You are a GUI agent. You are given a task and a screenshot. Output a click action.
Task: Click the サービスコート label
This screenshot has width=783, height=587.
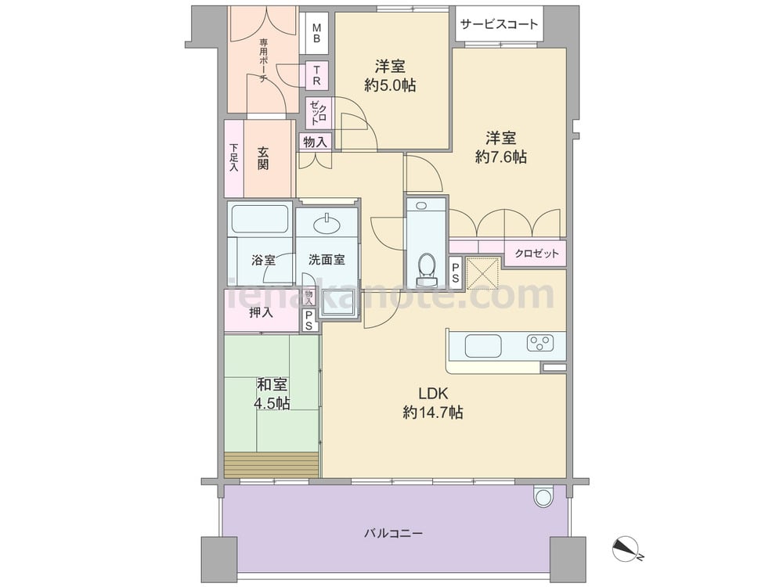pos(499,24)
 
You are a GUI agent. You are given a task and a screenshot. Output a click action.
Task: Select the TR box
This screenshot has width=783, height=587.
pos(316,76)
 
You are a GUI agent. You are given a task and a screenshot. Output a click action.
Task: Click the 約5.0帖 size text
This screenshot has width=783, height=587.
pos(390,85)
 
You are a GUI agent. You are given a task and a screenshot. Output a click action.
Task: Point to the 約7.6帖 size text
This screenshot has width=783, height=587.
pos(500,157)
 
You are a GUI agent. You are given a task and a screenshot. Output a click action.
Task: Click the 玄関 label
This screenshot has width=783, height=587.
pos(262,158)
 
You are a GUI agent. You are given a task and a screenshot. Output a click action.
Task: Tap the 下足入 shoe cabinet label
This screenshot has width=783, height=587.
pos(233,158)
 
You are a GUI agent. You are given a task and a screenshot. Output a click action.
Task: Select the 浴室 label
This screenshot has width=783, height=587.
pos(263,260)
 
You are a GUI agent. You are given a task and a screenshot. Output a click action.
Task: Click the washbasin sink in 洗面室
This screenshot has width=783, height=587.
pos(326,225)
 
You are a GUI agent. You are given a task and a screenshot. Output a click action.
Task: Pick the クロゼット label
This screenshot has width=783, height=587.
pos(536,253)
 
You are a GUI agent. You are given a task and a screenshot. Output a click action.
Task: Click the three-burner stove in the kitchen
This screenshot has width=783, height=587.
pos(540,342)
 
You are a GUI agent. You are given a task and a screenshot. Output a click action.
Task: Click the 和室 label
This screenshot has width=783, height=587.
pos(272,385)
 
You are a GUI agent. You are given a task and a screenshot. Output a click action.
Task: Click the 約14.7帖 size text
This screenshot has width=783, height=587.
pos(432,412)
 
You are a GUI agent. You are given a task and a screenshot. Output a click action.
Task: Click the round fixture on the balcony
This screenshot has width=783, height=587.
pos(543,495)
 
